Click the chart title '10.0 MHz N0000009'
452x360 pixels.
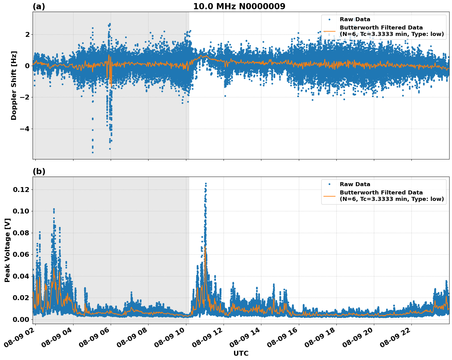tap(239, 6)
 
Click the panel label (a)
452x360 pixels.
tap(39, 6)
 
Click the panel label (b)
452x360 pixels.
tap(39, 171)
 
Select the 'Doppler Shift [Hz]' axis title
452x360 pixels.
tap(14, 85)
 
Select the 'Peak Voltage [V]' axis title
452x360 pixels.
tap(8, 250)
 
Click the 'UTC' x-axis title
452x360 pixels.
tap(241, 353)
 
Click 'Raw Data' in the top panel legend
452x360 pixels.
tap(355, 19)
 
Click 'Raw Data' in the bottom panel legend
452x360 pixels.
tap(355, 184)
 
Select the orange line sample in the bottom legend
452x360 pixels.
tap(329, 196)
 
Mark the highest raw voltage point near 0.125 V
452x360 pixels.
tap(206, 183)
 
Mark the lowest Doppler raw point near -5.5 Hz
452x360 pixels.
tap(93, 152)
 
